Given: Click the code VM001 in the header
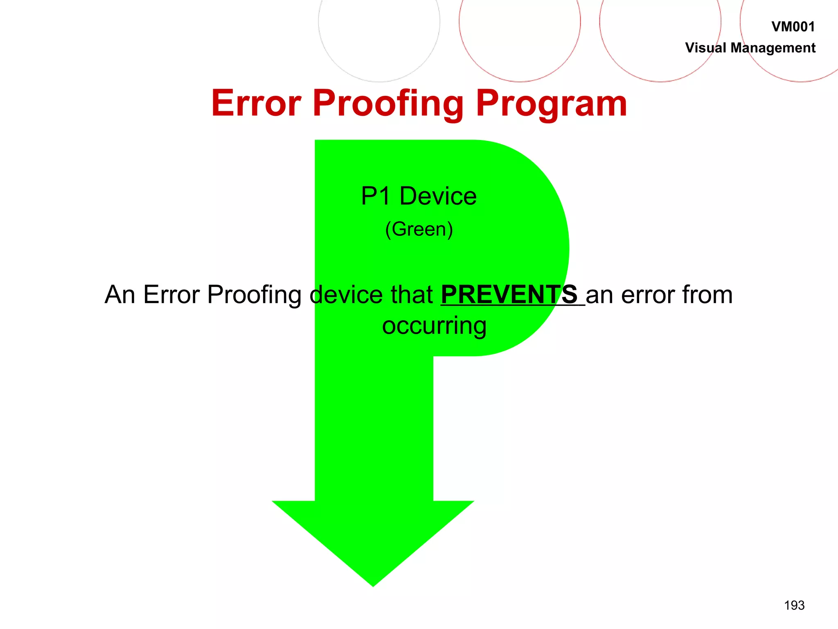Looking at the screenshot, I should [x=793, y=27].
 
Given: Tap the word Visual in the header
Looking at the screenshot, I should [x=705, y=48].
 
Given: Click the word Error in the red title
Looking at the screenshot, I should [x=256, y=103].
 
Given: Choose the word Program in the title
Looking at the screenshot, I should [x=551, y=104].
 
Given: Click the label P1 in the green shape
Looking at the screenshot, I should [x=375, y=196].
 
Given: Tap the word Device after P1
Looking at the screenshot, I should [x=438, y=196].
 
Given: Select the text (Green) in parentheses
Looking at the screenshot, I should [x=419, y=229].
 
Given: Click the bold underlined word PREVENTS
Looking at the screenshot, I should [x=509, y=294].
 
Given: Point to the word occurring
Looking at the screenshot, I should [x=434, y=326].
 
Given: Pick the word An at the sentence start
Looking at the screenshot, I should [x=119, y=294].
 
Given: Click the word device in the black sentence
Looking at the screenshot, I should [x=346, y=294].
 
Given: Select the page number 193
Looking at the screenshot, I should [x=794, y=605].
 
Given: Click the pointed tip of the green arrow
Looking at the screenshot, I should [x=373, y=584].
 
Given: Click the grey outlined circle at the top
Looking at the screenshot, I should [x=379, y=25].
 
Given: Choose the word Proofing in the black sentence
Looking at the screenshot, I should [x=254, y=295].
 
